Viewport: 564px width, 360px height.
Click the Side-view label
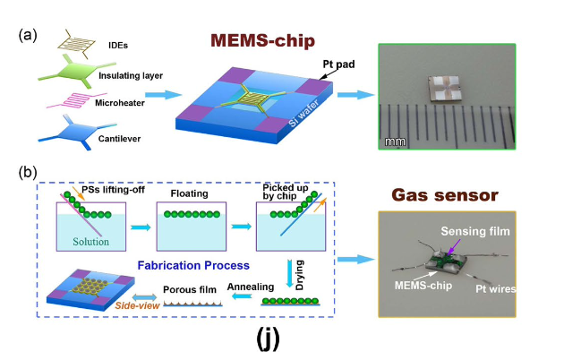(x=85, y=306)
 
